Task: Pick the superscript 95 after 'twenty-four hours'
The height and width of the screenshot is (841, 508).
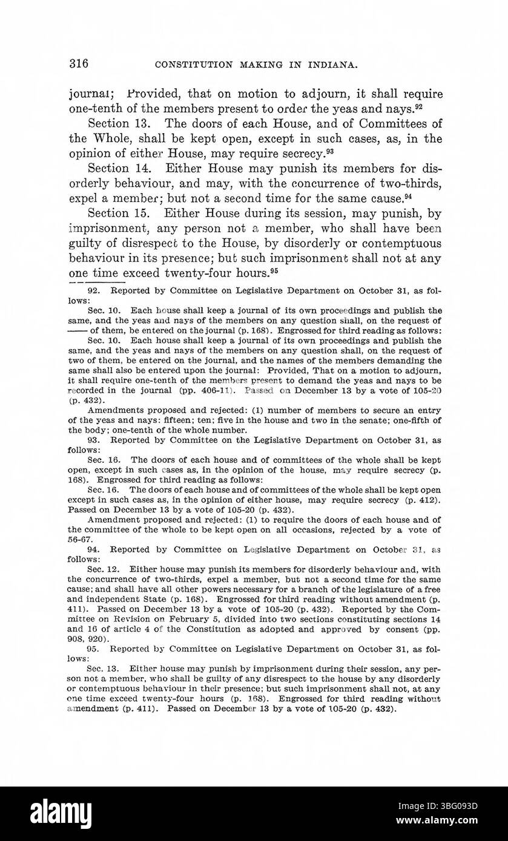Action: point(274,270)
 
